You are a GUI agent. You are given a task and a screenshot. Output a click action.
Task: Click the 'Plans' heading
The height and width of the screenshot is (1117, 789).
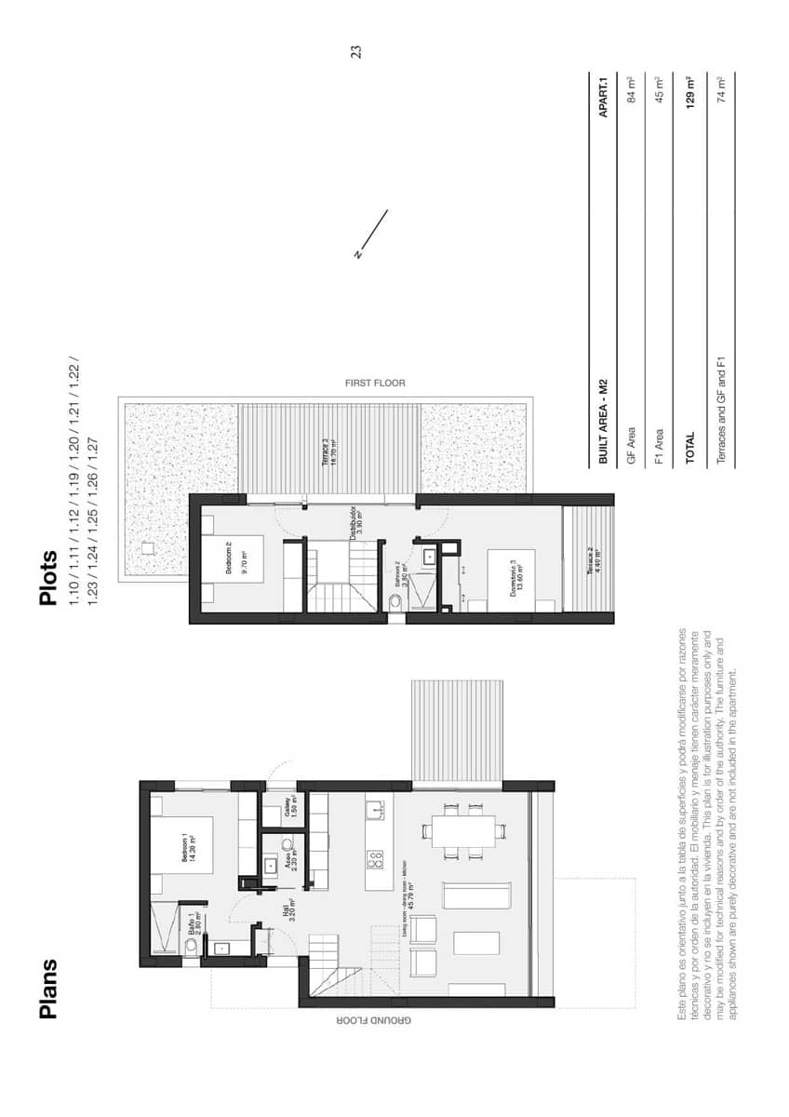(x=49, y=989)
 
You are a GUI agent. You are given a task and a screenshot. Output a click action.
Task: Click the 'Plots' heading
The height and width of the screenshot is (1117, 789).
(x=49, y=579)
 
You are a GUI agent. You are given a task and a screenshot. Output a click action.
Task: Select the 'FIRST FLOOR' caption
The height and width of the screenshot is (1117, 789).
(x=375, y=383)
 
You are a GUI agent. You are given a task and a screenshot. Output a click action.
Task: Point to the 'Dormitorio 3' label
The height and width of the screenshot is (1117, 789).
(x=514, y=575)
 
